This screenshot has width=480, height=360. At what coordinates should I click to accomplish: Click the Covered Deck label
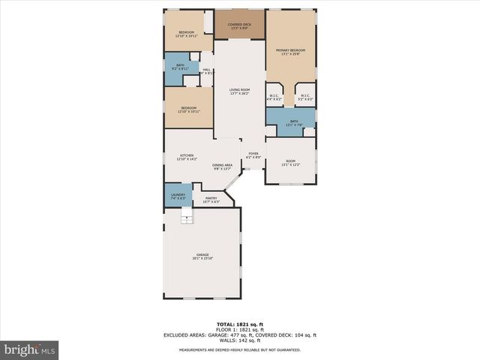point(240,25)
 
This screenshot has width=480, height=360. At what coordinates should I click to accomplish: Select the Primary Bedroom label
point(291,50)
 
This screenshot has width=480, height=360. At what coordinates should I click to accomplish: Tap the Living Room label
point(240,91)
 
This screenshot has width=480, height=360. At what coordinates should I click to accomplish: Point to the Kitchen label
point(186,157)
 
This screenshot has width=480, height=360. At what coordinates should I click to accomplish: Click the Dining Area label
point(222,166)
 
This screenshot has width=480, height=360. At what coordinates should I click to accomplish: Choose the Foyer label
point(254,154)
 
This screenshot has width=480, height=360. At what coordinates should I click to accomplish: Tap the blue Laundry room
point(178,196)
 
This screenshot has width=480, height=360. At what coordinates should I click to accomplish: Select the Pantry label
point(211,199)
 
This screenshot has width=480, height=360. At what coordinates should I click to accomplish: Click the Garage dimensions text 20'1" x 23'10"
point(202,259)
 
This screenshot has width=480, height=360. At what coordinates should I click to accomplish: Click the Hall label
point(206,71)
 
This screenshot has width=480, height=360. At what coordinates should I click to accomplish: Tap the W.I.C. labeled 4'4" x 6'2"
point(274,97)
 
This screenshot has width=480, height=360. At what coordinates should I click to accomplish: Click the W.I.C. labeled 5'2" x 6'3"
point(305,97)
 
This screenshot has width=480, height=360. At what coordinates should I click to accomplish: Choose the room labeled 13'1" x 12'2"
point(290,162)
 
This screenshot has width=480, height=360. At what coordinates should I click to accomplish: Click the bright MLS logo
point(30,349)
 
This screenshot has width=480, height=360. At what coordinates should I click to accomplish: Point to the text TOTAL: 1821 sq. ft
point(239,324)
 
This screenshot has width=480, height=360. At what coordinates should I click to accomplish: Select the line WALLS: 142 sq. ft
point(239,340)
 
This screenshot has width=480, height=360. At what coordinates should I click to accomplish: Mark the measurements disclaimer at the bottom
point(239,350)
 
